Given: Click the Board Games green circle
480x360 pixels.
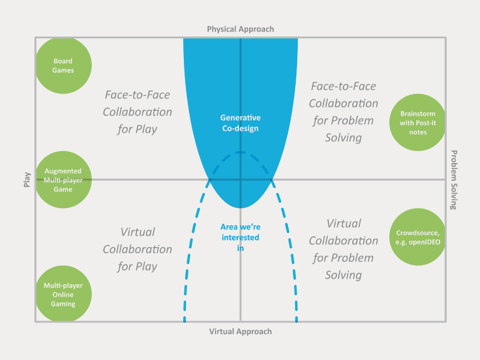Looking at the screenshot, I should pos(63,66).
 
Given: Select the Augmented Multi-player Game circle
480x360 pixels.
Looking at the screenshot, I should pos(63,180).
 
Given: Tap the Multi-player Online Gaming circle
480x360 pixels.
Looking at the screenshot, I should pos(63,295).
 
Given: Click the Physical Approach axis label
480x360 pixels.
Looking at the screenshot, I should pos(240,29).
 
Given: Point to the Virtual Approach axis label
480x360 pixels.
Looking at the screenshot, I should pos(240,331).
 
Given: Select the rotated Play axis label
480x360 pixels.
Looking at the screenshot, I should pos(27,180).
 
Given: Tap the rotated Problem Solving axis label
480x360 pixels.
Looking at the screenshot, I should pos(454,180).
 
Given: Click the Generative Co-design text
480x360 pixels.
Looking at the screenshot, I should pos(240,123).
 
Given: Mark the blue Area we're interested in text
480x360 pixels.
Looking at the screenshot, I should pos(240,237).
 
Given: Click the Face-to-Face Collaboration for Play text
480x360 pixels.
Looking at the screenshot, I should pos(137,112).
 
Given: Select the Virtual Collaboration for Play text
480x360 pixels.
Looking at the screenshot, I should pos(137,249).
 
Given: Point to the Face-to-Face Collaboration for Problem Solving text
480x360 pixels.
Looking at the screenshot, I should pos(343,112).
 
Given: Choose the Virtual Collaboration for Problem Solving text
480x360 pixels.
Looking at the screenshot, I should pos(343,249).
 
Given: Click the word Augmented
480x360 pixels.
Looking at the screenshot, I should pos(63,171).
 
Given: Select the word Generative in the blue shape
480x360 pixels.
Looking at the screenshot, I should pos(240,118).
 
